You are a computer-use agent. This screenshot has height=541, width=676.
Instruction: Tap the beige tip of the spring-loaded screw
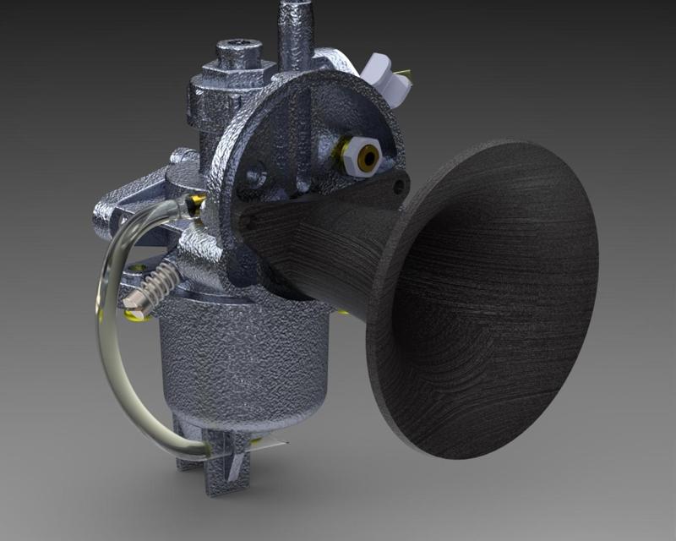pyautogui.click(x=134, y=299)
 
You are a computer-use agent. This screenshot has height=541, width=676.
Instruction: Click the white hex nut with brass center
pyautogui.click(x=366, y=157)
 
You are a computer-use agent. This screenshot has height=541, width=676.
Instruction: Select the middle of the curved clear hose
pyautogui.click(x=106, y=338)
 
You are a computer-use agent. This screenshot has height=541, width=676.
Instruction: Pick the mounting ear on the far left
pyautogui.click(x=106, y=220)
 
